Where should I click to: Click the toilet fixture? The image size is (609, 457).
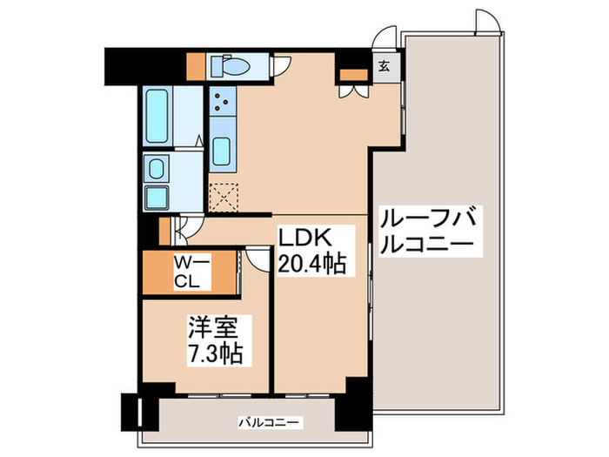pyautogui.click(x=233, y=66)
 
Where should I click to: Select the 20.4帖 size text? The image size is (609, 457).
pyautogui.click(x=312, y=263)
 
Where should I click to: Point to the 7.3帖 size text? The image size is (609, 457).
pyautogui.click(x=213, y=353)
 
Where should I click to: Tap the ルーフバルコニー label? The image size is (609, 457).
pyautogui.click(x=430, y=230)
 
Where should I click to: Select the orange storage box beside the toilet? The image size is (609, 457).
pyautogui.click(x=196, y=66)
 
